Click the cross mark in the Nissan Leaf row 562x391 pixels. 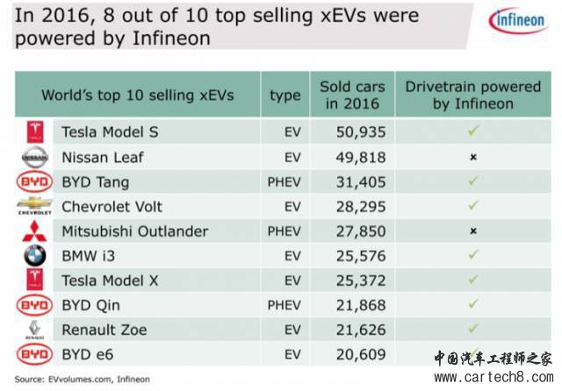[x=472, y=158]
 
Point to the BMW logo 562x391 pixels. [x=34, y=256]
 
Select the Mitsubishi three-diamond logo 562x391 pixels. [x=34, y=231]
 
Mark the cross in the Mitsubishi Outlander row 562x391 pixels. [x=472, y=231]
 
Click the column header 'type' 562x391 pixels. [x=285, y=95]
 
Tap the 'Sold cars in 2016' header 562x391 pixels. [x=349, y=95]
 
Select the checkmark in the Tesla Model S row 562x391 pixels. [x=472, y=132]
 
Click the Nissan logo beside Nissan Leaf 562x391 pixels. [x=34, y=158]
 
